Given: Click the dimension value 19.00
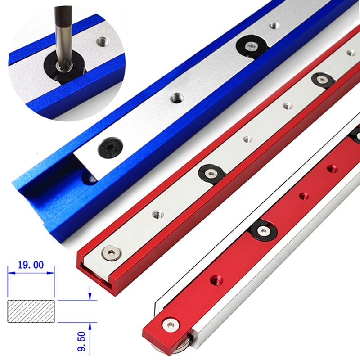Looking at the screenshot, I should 31,265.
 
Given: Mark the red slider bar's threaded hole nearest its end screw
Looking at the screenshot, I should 213,280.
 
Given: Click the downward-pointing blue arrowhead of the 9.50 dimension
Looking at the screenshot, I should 90,296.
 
